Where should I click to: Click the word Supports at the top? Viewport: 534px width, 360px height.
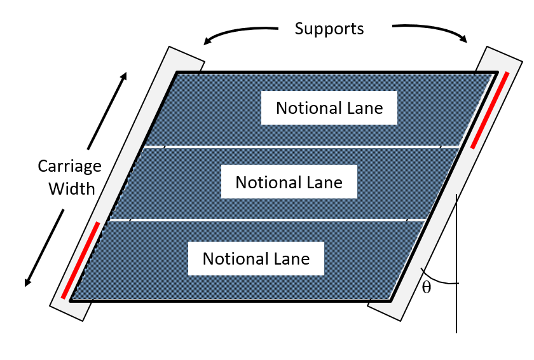click(x=329, y=29)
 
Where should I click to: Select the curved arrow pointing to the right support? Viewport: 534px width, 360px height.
click(x=432, y=31)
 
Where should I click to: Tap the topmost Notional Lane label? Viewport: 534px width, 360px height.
click(x=329, y=108)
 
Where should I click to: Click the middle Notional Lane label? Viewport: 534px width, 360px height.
click(x=289, y=183)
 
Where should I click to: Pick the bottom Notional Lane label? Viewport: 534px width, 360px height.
click(x=256, y=259)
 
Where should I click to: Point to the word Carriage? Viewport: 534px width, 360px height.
click(x=69, y=167)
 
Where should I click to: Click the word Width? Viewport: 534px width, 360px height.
click(x=74, y=188)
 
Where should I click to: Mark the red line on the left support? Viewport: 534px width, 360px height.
click(x=81, y=260)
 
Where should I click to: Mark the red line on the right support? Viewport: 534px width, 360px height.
click(x=490, y=109)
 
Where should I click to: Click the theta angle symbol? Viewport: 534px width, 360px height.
click(x=427, y=287)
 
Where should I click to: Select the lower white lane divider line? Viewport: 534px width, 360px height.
click(x=267, y=221)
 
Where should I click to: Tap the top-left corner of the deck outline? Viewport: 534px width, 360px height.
click(x=177, y=73)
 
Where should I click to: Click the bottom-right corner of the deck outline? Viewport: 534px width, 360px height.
click(x=391, y=300)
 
